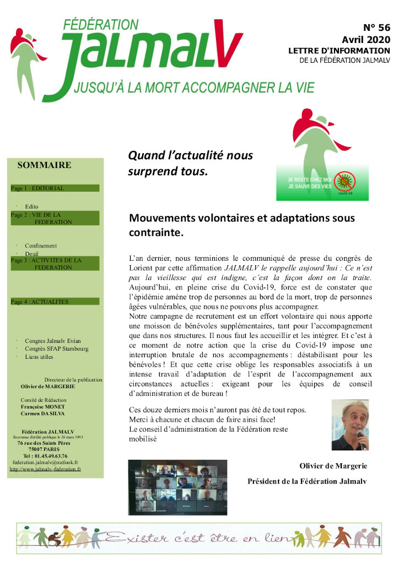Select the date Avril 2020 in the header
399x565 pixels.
tap(365, 40)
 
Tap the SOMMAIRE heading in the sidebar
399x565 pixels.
tap(44, 165)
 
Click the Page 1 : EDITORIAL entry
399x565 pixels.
tap(37, 188)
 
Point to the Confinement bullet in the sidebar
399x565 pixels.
tap(41, 246)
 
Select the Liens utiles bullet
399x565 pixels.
tap(40, 357)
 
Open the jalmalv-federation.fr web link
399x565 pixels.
tap(45, 469)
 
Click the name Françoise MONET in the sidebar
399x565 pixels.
tap(44, 406)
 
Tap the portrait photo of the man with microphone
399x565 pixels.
tap(350, 425)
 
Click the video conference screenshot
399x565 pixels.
tap(177, 487)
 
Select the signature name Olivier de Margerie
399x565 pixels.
tap(333, 466)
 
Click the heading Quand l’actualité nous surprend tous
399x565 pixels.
tap(190, 163)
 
